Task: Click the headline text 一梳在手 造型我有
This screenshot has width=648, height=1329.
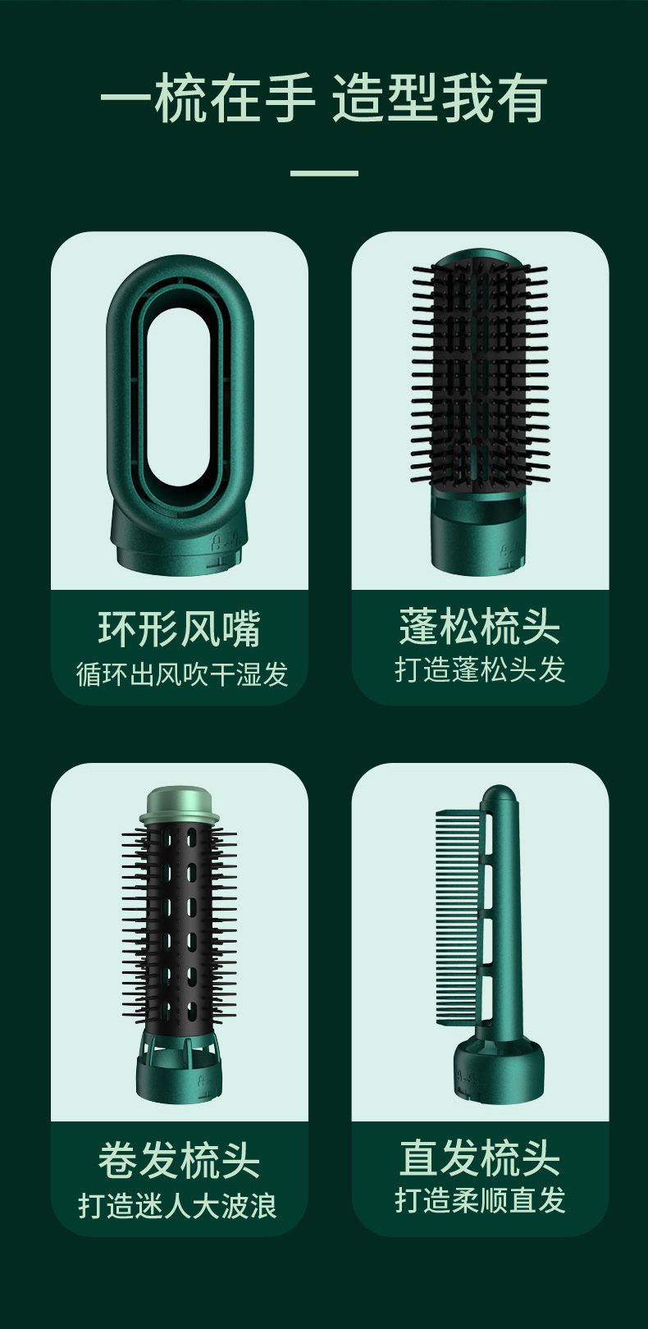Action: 323,98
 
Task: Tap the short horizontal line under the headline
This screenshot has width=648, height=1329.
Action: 324,173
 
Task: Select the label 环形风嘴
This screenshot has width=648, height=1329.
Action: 179,628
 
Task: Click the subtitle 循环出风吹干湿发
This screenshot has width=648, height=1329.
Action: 181,674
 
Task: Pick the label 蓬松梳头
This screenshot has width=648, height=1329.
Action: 480,626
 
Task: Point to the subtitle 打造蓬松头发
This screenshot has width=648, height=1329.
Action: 480,669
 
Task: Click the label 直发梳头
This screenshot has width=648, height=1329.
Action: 480,1158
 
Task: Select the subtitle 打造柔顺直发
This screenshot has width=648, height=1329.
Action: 480,1200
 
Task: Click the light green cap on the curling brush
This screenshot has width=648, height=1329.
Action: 176,805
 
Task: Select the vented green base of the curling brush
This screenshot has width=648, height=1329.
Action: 179,1065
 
